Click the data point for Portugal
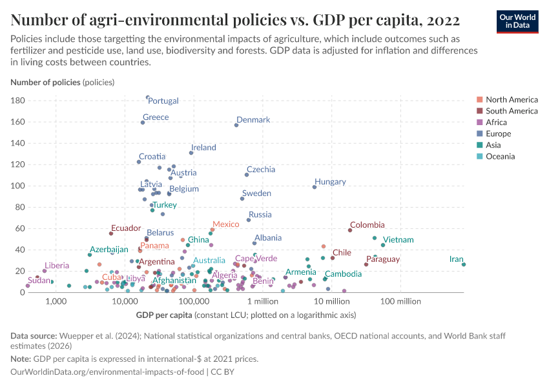coord(148,97)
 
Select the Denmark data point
coord(236,125)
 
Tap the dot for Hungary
coord(315,187)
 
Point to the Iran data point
coord(464,264)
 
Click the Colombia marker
coord(350,230)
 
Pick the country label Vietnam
coord(398,240)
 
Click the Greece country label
coord(156,117)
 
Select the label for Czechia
coord(261,170)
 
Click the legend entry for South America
coord(512,111)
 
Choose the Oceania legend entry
coord(501,156)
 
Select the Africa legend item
coord(496,123)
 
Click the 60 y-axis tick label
coord(20,228)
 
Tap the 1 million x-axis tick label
coord(262,301)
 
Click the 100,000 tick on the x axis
coord(192,301)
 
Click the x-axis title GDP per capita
coord(164,315)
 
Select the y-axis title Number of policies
coord(45,83)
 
